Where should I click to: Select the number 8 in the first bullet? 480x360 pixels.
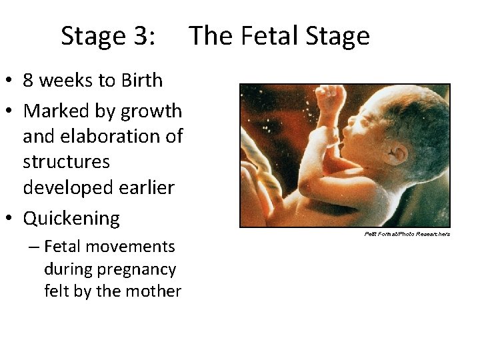coord(29,81)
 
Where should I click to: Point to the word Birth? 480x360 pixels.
coord(141,81)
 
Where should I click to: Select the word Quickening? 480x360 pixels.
coord(71,218)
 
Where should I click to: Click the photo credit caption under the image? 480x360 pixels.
coord(407,234)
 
